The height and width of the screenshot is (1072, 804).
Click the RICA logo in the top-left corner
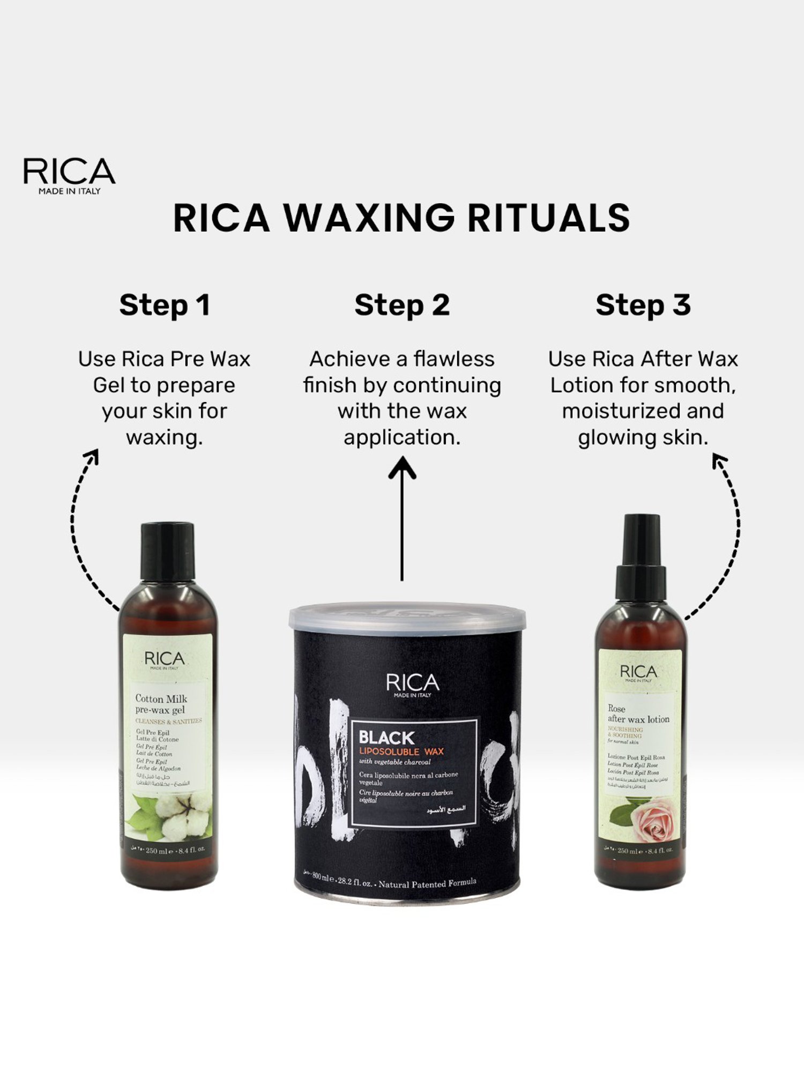point(69,175)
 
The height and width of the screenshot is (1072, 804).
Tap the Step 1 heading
point(165,305)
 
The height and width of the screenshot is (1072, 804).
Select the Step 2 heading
point(402,305)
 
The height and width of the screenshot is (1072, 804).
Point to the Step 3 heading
point(643,305)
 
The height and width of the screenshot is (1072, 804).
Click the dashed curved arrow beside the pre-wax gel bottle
point(80,531)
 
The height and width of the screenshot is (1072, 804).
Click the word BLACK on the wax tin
point(386,738)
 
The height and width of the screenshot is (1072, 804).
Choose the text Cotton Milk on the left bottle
point(161,698)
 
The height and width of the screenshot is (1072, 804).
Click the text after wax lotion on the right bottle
point(638,719)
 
